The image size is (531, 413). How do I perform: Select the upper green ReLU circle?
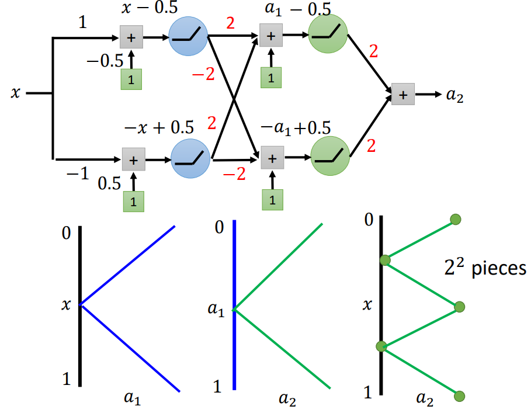[327, 34]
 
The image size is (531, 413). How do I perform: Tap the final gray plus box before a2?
[403, 93]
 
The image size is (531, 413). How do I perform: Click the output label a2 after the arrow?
[454, 95]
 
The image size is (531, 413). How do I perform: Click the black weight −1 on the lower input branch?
[78, 173]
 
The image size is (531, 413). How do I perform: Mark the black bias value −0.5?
[104, 60]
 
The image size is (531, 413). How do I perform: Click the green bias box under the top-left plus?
[131, 80]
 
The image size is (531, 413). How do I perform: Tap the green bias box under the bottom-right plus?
[270, 200]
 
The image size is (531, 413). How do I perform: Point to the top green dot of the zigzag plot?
[456, 220]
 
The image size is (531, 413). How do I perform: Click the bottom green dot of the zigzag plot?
[459, 395]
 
